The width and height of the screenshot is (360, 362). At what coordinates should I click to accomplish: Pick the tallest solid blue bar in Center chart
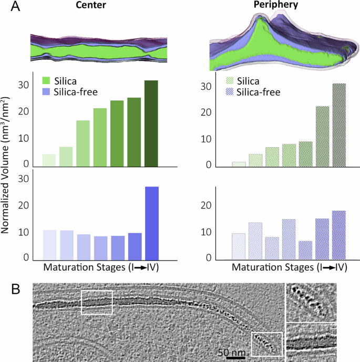pyautogui.click(x=151, y=223)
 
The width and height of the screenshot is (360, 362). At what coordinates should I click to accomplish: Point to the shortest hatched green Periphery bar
pyautogui.click(x=239, y=164)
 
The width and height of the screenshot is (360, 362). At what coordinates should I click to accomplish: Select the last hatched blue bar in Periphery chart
pyautogui.click(x=339, y=235)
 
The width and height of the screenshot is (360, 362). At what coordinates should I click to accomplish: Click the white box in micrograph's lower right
pyautogui.click(x=266, y=344)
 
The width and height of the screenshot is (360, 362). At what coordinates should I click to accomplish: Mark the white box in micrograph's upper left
pyautogui.click(x=97, y=302)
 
